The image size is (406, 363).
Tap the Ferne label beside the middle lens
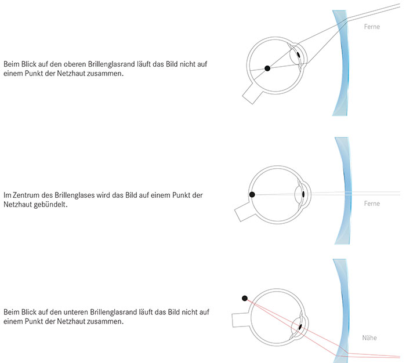371,204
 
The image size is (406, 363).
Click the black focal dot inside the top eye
267,68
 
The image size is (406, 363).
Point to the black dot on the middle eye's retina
252,195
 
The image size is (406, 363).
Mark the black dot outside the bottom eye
245,298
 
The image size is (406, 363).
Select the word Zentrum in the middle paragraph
27,195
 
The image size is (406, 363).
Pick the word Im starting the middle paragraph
7,195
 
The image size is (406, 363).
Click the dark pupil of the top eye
299,56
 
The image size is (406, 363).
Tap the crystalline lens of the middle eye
301,193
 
